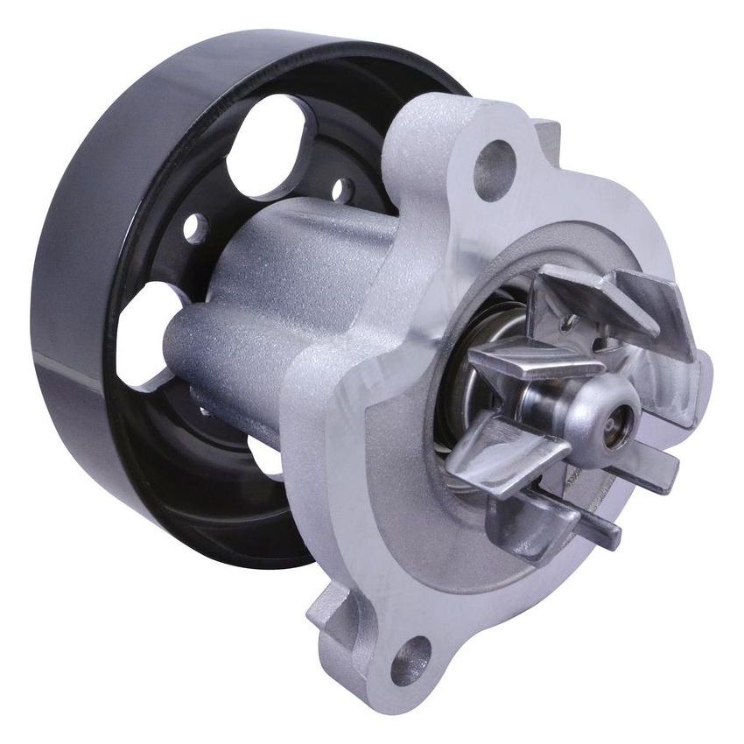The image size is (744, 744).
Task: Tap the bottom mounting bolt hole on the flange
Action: pos(411,659)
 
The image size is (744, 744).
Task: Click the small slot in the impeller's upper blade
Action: pos(570,323)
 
